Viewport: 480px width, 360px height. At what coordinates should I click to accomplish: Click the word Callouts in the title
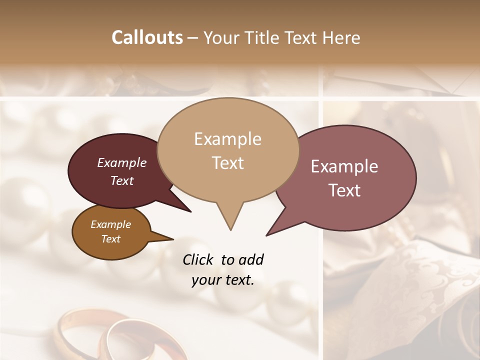coord(147,37)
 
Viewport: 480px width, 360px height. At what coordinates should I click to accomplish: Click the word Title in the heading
coord(263,38)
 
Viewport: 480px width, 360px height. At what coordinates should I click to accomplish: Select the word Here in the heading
coord(340,38)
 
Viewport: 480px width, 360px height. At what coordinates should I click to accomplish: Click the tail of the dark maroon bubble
coord(187,210)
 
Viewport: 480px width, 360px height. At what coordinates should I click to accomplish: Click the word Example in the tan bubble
coord(227,139)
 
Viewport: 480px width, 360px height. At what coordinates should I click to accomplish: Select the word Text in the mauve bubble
coord(344,190)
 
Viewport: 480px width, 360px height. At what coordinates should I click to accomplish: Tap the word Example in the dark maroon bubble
coord(121,163)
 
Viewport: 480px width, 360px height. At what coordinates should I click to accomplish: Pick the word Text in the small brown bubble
coord(110,239)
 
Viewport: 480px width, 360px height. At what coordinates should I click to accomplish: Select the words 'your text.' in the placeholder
coord(223,280)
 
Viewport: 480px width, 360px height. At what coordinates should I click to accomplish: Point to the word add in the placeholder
coord(250,259)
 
